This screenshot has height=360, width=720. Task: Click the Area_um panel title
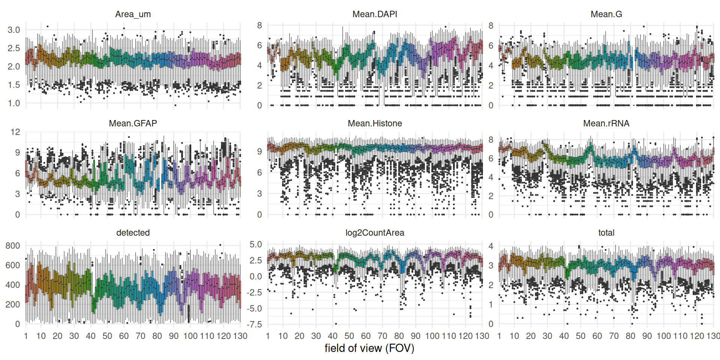[133, 14]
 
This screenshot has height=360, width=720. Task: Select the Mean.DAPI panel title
[375, 14]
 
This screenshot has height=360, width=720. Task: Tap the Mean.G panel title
[606, 14]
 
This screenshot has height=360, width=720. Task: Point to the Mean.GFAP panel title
[133, 123]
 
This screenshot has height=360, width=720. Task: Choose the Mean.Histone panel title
[375, 123]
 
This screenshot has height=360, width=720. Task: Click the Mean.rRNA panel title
[606, 123]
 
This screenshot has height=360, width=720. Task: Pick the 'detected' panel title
[133, 232]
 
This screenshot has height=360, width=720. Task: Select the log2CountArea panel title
[375, 232]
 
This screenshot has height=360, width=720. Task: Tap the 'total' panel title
[606, 232]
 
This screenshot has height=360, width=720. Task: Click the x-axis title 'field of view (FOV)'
[369, 348]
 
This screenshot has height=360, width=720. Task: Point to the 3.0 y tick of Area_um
[14, 30]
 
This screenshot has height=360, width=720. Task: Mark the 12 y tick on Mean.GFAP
[15, 132]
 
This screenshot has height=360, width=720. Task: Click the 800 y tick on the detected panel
[13, 246]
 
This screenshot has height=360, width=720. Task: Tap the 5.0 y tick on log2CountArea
[256, 244]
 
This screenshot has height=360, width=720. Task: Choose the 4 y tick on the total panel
[491, 246]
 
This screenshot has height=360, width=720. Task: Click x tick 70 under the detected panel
[141, 336]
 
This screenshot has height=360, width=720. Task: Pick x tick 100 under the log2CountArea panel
[432, 336]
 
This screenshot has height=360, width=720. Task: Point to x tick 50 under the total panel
[580, 336]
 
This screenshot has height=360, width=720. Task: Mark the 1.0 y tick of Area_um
[14, 103]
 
